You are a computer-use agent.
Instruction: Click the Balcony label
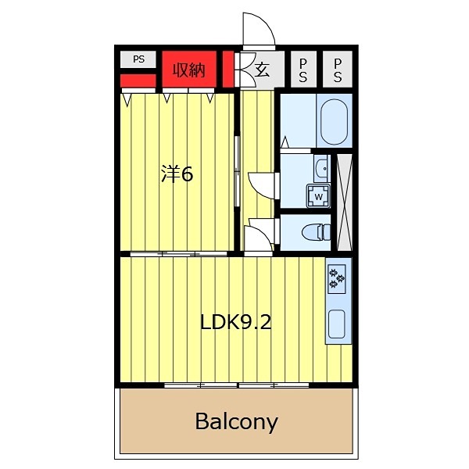coord(236,422)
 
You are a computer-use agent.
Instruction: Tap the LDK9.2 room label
coord(236,322)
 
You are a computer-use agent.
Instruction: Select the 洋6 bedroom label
coord(177,174)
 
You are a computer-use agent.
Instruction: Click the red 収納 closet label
coord(189,70)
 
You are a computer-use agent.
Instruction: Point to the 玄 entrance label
coord(263,70)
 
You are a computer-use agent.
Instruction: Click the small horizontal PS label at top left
coord(139,59)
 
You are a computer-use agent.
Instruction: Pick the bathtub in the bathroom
coord(334,121)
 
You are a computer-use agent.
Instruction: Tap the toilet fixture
coord(316,232)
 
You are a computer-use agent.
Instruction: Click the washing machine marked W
coord(319,196)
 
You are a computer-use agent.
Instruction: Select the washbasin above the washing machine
coord(322,168)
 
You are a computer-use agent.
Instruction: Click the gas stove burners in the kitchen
coord(336,278)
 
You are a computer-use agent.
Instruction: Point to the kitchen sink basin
coord(337,324)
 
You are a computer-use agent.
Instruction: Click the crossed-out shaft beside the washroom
coord(345,202)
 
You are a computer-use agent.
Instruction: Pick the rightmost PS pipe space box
coord(338,70)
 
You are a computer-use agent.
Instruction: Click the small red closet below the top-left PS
coord(138,81)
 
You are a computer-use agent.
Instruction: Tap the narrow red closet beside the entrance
coord(228,70)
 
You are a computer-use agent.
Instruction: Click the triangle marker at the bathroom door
coord(285,141)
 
